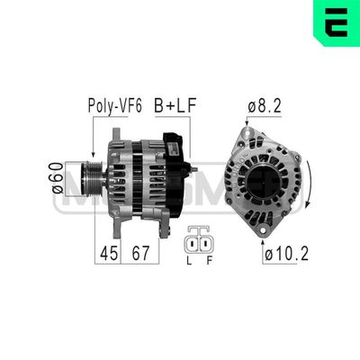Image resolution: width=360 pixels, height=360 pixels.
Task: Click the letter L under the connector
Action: [188, 262]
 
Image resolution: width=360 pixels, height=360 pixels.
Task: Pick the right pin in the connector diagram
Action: [205, 244]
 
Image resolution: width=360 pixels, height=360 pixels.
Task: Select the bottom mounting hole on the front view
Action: [262, 231]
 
